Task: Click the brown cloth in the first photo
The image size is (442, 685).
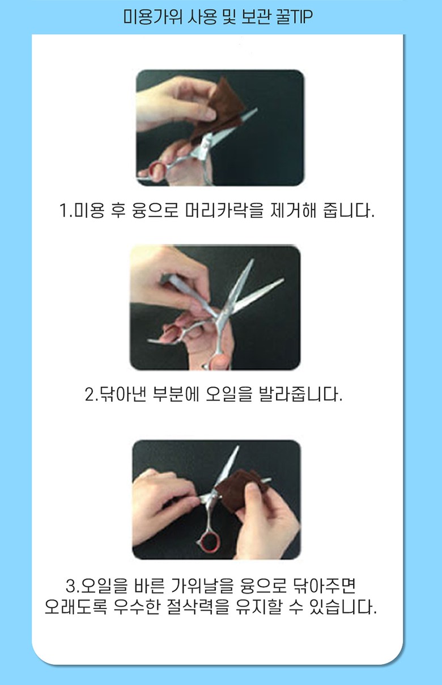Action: click(219, 110)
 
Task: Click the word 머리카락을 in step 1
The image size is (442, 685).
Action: click(224, 211)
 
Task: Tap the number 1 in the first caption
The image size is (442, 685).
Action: click(63, 211)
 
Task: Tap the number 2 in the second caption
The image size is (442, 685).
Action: click(90, 394)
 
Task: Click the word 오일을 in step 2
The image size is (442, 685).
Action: click(228, 394)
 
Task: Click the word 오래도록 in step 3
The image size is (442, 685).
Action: click(76, 607)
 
